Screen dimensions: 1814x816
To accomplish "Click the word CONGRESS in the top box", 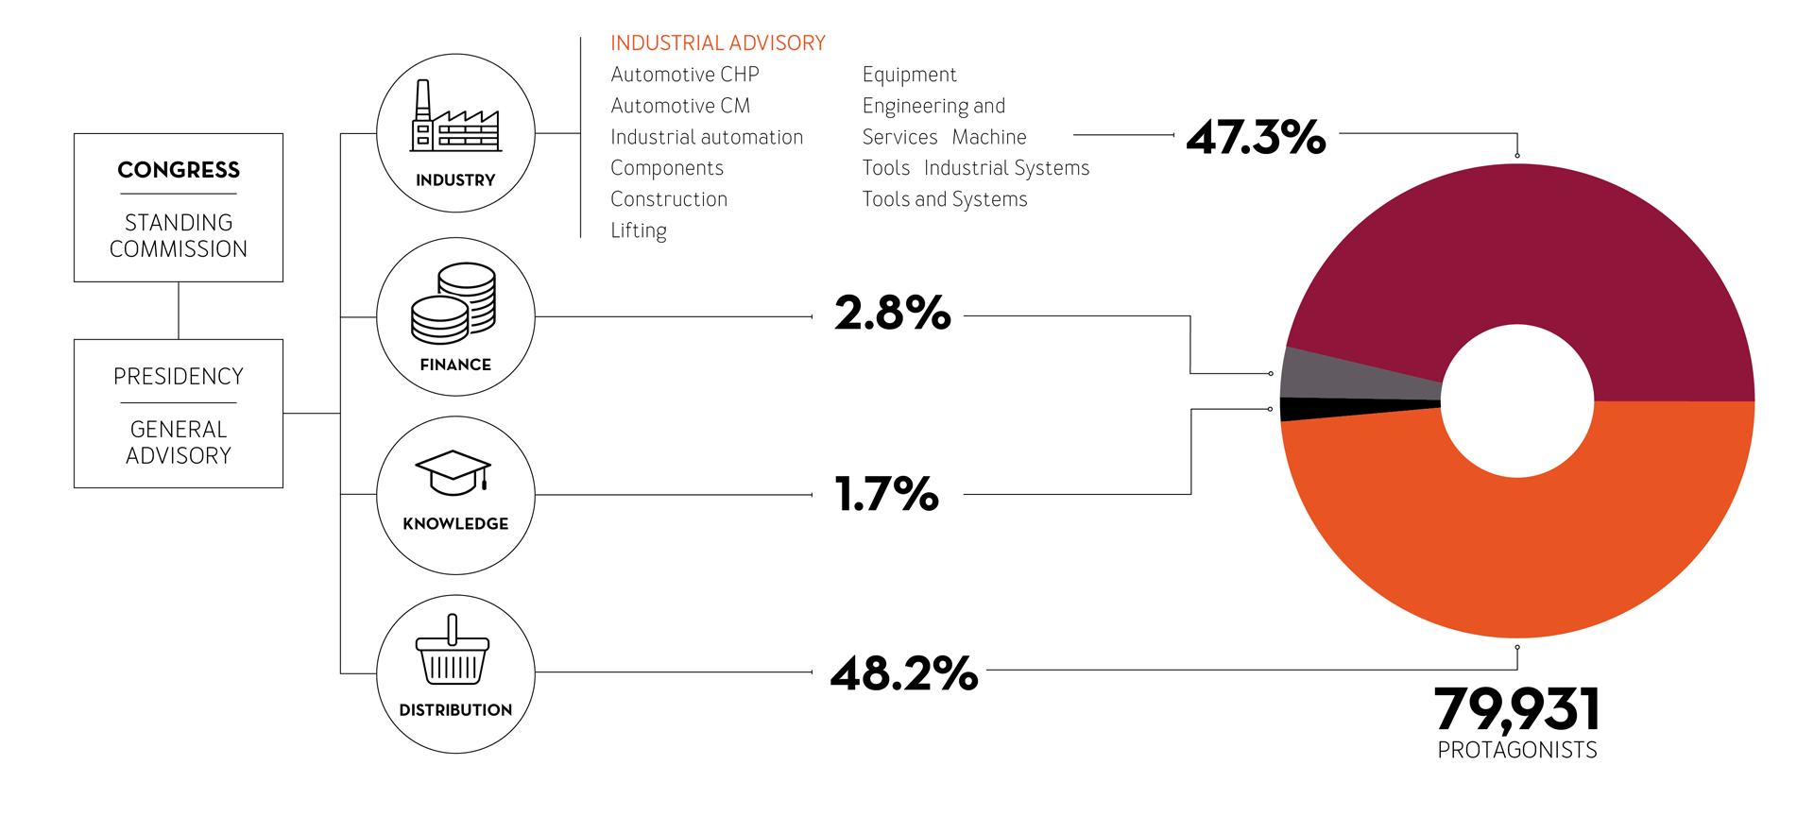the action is (x=179, y=170).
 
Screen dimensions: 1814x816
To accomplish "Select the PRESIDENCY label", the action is (x=179, y=377).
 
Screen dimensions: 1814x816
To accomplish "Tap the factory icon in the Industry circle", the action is (x=455, y=116).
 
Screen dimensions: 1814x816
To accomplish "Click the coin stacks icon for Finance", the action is (x=453, y=303).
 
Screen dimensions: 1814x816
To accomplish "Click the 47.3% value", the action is (x=1256, y=137).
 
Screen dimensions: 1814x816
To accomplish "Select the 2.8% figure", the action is (x=893, y=314).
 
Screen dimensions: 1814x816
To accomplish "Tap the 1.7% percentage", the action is (x=887, y=494).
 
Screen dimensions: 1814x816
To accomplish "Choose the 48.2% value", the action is (x=904, y=674).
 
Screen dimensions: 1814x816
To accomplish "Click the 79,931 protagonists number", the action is (x=1517, y=710).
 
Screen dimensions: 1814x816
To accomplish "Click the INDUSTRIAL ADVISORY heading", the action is (x=718, y=43).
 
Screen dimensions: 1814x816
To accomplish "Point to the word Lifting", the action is (x=639, y=230).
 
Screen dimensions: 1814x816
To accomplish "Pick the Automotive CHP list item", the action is (x=685, y=75).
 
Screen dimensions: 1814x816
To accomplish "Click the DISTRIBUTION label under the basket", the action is (x=455, y=710).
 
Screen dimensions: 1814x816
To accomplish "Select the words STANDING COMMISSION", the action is (x=179, y=236).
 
